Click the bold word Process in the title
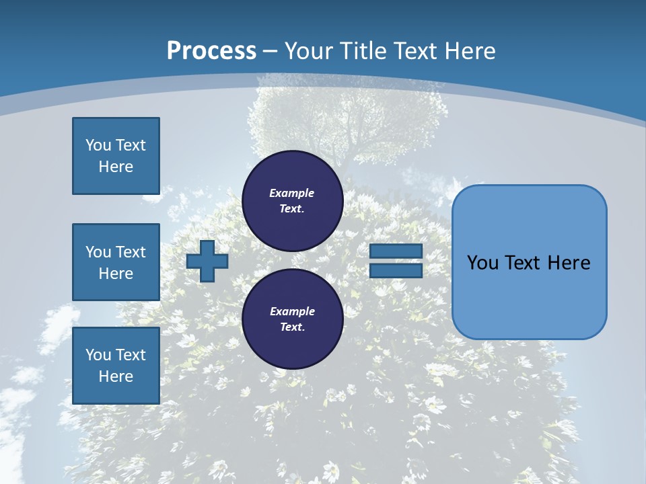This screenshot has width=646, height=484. coord(211,51)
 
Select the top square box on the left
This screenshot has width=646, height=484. coord(116,156)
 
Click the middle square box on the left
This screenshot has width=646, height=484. coord(116,262)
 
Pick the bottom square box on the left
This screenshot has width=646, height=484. coord(116,366)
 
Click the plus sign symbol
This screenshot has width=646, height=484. coord(207,261)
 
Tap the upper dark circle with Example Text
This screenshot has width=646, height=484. coord(292,200)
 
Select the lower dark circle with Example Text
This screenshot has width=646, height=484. coord(292,319)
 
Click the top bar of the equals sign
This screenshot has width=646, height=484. coord(396,251)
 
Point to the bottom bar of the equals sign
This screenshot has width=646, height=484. coord(396,270)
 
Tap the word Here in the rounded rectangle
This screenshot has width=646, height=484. coord(569,263)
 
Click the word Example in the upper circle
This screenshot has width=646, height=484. coord(292,193)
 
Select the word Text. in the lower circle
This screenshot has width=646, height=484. coord(292,327)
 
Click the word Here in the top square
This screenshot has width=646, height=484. coord(116,167)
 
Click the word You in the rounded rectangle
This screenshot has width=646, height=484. coord(482,263)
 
